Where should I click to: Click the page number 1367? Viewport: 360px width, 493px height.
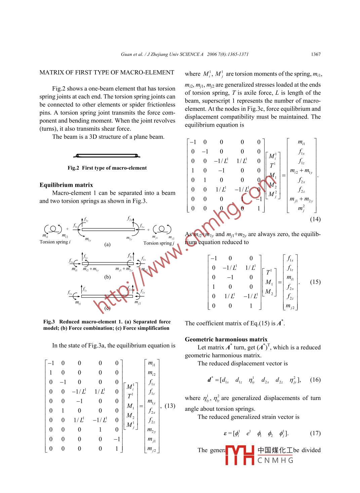316,54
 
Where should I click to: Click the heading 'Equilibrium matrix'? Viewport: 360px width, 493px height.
66,185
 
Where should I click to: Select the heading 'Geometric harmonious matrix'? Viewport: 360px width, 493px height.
226,340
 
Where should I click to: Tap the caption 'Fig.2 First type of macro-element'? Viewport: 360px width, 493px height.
107,168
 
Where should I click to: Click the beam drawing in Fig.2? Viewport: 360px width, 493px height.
107,155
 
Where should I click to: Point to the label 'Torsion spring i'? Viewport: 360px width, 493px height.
55,242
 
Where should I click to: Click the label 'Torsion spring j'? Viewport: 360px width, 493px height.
159,243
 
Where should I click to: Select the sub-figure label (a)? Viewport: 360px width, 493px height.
107,244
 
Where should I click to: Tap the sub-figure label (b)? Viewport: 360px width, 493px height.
107,277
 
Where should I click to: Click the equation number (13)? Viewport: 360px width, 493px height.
170,406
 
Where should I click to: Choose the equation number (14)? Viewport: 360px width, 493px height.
315,219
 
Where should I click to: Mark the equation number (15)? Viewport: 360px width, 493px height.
315,282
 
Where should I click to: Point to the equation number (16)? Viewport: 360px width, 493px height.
315,380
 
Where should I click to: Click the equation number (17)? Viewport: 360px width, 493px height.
315,433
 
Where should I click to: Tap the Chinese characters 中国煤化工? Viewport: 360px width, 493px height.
275,450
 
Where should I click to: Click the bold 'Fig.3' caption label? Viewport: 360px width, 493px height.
49,322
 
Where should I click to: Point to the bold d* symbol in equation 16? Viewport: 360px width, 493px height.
210,380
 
